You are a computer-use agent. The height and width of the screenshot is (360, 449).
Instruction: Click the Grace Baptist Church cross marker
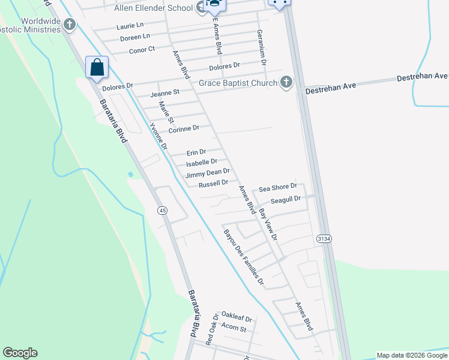[286, 83]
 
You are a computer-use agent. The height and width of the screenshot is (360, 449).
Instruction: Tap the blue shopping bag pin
[97, 68]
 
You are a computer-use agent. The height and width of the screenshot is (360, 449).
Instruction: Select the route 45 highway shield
[162, 211]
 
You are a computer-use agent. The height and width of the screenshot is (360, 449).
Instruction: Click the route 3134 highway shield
[324, 239]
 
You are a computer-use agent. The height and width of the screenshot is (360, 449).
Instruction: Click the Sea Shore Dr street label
[277, 187]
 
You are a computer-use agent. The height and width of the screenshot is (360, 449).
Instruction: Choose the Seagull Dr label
[285, 199]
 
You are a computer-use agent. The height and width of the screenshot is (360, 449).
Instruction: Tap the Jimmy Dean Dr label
[208, 173]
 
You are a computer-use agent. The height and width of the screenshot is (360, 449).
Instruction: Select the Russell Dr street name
[214, 183]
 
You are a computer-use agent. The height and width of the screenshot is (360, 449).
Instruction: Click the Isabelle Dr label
[202, 162]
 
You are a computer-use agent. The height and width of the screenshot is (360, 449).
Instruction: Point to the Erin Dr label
[196, 152]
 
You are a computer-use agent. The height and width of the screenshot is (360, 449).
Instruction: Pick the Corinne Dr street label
[184, 129]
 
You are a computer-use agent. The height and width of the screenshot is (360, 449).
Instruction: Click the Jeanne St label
[165, 93]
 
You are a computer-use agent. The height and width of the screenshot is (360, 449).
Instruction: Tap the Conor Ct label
[142, 50]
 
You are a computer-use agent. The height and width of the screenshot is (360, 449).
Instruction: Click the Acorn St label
[234, 328]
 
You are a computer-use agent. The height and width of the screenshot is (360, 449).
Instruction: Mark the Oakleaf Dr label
[236, 316]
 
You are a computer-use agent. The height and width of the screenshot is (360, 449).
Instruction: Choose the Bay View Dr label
[268, 224]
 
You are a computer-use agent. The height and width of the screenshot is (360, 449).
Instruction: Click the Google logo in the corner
[20, 353]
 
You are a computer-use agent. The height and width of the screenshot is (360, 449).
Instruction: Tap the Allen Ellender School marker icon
[202, 7]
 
